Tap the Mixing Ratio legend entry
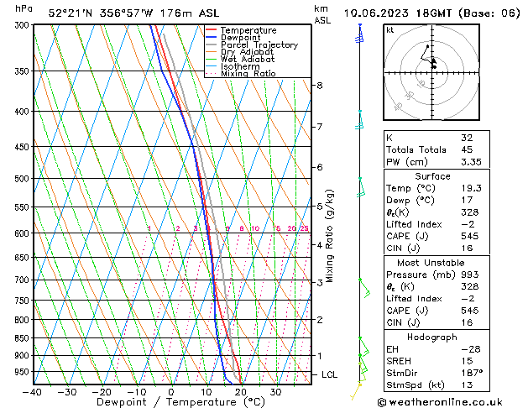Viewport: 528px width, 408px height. tap(248, 74)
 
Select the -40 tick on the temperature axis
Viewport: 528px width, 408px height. tap(34, 392)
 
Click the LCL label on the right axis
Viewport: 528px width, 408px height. tap(329, 374)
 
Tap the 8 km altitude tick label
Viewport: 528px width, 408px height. tap(320, 86)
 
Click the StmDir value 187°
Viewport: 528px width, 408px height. tap(469, 373)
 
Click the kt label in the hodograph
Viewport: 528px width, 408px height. tap(390, 30)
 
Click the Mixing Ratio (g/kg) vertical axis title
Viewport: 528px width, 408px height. tap(331, 235)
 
